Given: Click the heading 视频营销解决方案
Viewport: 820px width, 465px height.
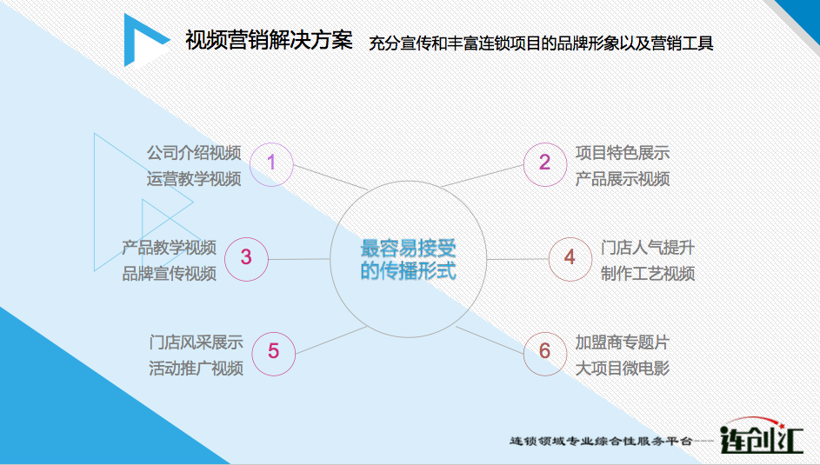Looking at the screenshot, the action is [270, 40].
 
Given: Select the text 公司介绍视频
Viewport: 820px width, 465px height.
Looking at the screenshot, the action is [194, 153].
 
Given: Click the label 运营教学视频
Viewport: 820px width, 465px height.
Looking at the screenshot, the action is [194, 179].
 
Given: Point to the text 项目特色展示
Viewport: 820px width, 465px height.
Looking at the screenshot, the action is [623, 153].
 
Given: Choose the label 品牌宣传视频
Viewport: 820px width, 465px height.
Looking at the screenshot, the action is [169, 273].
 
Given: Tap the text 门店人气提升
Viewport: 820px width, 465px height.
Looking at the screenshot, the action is [648, 248].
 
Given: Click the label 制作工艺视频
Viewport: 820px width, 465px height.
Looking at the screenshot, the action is [648, 273].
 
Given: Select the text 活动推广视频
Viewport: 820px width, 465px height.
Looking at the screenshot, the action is [197, 369].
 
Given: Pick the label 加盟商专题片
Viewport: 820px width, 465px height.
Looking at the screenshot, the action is [623, 342].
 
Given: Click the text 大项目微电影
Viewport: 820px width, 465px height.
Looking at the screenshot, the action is [623, 369].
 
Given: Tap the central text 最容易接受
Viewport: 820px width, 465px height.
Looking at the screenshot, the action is [408, 249].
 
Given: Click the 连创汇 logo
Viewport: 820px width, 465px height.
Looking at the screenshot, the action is [761, 436].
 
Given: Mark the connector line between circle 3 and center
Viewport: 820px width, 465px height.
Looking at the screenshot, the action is [299, 259].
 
